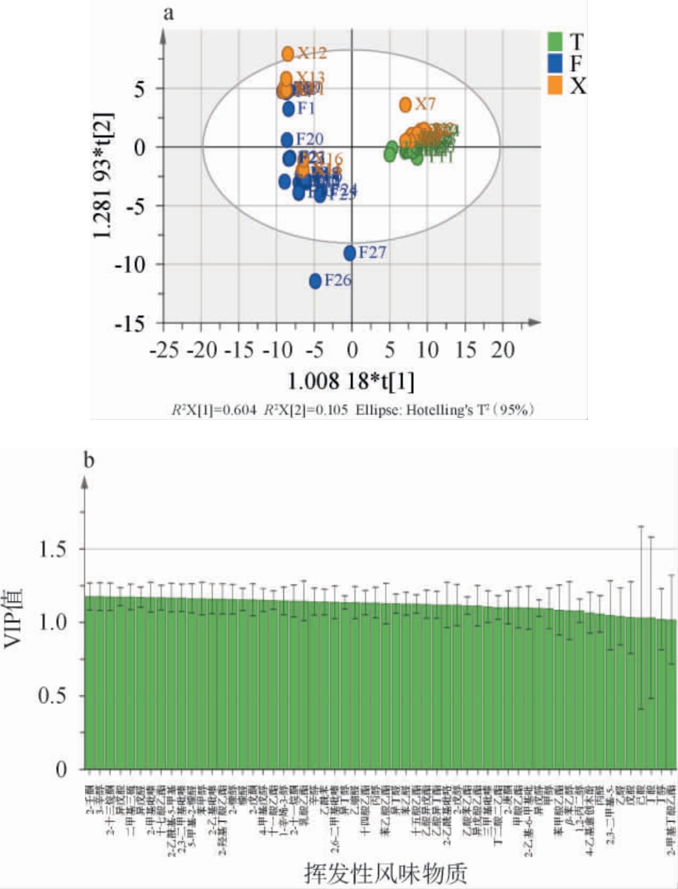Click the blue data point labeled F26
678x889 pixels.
pyautogui.click(x=316, y=281)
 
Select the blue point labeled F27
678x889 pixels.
pyautogui.click(x=350, y=253)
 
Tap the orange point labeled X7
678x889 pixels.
pyautogui.click(x=405, y=105)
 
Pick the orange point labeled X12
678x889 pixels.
pyautogui.click(x=288, y=54)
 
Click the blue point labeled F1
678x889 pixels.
pyautogui.click(x=289, y=109)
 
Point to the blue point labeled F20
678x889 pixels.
pyautogui.click(x=287, y=140)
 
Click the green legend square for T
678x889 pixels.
pyautogui.click(x=555, y=41)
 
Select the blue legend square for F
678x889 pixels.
pyautogui.click(x=555, y=63)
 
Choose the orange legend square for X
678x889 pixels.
pyautogui.click(x=555, y=85)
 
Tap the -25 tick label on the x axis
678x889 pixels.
pyautogui.click(x=165, y=350)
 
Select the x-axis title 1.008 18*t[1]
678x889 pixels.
pyautogui.click(x=350, y=382)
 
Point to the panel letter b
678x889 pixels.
pyautogui.click(x=89, y=461)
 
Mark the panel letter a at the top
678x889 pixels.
pyautogui.click(x=169, y=13)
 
